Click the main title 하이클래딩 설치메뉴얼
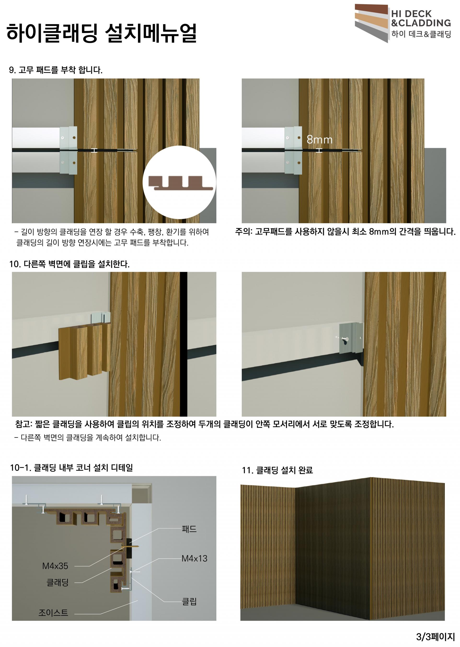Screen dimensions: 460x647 point(101,33)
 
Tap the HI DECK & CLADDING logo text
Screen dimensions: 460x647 point(421,18)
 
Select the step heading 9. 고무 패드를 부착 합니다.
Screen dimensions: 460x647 point(56,70)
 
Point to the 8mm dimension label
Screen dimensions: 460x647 point(320,140)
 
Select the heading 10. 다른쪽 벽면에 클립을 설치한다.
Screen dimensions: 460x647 point(69,264)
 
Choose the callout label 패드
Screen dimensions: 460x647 point(189,529)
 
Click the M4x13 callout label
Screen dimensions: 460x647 point(194,558)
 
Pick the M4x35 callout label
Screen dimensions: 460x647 point(55,566)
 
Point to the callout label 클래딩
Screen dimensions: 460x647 point(57,583)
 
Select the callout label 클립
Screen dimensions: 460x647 point(189,602)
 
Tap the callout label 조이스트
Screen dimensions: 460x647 point(53,613)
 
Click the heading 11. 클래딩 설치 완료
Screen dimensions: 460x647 point(277,470)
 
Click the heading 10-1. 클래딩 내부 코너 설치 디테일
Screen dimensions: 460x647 point(72,468)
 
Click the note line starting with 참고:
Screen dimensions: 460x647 point(205,424)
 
